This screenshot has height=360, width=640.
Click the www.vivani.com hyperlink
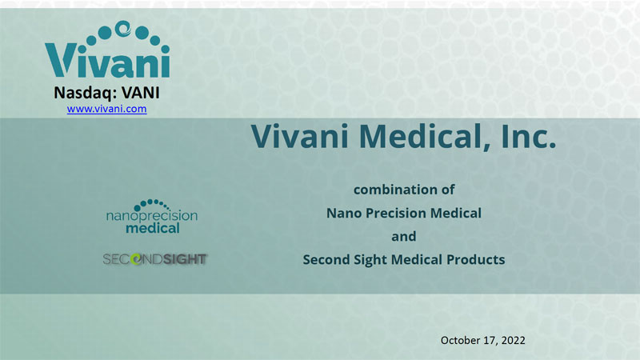click(x=107, y=109)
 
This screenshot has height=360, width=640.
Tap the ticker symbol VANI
click(x=141, y=93)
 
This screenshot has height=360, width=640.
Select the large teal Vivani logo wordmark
click(x=107, y=61)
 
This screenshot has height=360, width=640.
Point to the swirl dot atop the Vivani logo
click(x=122, y=28)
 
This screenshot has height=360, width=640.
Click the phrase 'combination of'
click(x=404, y=190)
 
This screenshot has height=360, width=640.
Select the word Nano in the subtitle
click(x=344, y=213)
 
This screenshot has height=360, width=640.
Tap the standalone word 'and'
click(x=404, y=236)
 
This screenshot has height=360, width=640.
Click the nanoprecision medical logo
click(x=152, y=216)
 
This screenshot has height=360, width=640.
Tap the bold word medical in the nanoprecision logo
click(x=153, y=228)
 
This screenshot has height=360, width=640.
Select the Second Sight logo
click(x=155, y=259)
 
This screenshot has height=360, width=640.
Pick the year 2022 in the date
click(x=513, y=341)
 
